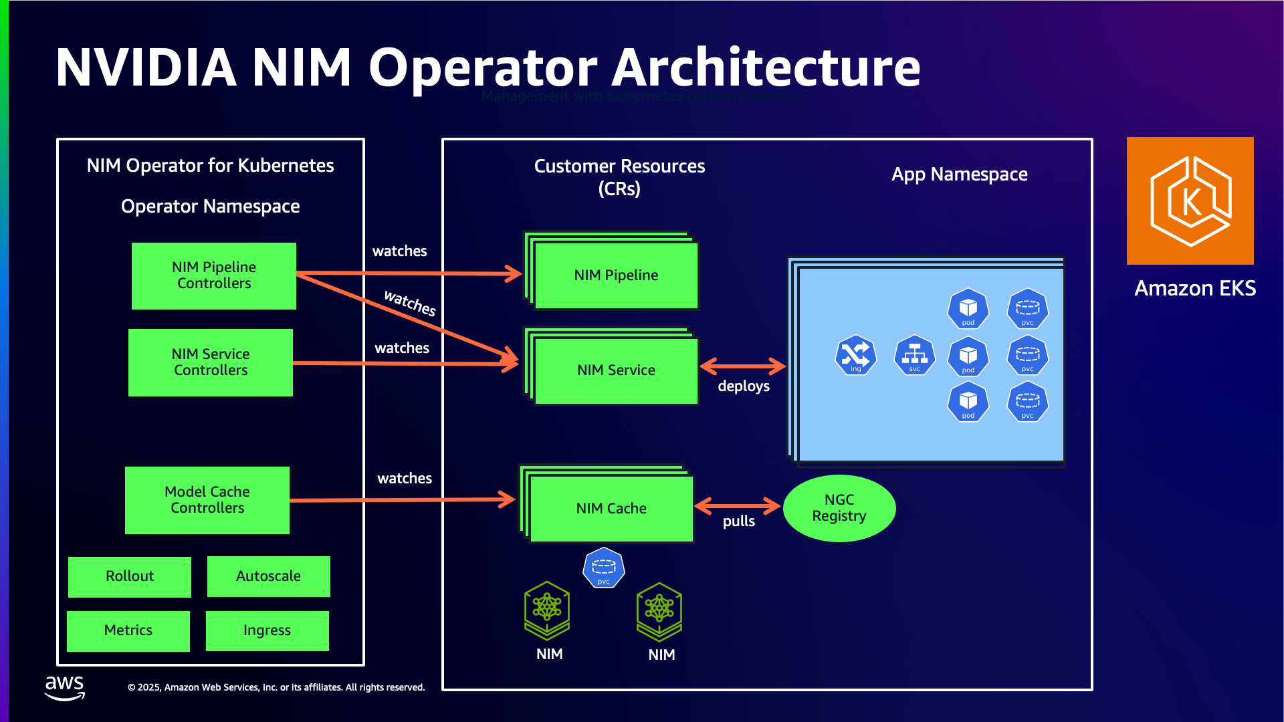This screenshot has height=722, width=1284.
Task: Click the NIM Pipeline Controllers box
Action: [x=214, y=275]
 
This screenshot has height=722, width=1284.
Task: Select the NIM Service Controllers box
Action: [x=211, y=362]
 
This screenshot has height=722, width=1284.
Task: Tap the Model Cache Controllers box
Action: [x=207, y=500]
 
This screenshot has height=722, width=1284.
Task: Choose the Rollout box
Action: [x=130, y=576]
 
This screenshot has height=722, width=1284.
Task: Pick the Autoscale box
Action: [x=268, y=576]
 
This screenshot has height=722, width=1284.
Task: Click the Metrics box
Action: [x=128, y=630]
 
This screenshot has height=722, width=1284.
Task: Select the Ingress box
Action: [x=267, y=630]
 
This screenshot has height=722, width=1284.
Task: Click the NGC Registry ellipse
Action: [x=839, y=508]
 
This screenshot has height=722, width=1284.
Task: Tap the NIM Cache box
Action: [x=611, y=509]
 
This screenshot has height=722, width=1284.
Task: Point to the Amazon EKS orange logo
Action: [x=1190, y=201]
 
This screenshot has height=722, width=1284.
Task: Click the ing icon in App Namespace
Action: [x=855, y=355]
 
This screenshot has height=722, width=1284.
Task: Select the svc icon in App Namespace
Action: [x=914, y=355]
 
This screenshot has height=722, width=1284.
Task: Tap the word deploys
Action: [x=743, y=386]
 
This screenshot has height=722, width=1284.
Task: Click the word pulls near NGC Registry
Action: [x=738, y=521]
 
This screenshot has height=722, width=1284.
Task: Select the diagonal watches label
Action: [x=410, y=303]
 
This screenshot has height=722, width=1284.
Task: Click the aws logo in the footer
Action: [x=64, y=687]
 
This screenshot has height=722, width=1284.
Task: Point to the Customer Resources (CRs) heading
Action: [x=619, y=177]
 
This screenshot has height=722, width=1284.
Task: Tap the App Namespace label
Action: [x=959, y=174]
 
